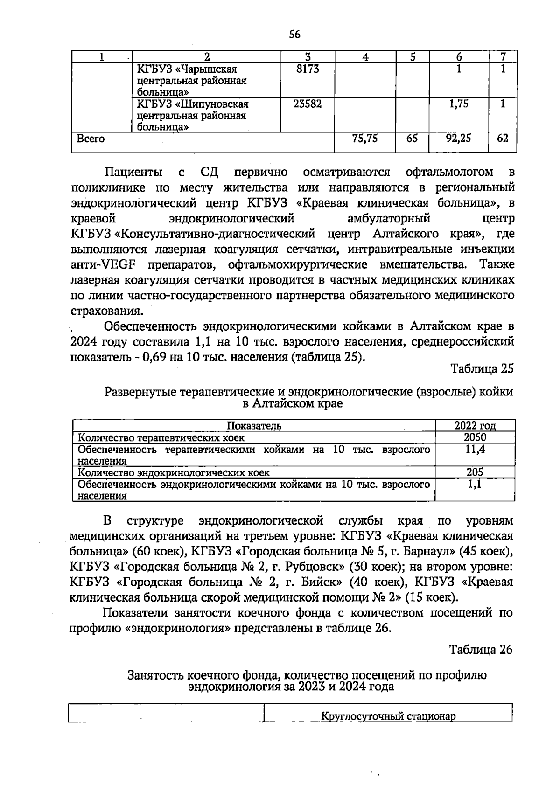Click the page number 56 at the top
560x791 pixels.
(x=294, y=34)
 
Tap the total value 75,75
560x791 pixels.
(x=364, y=139)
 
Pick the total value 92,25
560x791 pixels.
(x=458, y=139)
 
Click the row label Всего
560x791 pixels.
(x=91, y=139)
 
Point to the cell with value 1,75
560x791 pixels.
(x=458, y=104)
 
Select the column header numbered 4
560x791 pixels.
(x=365, y=57)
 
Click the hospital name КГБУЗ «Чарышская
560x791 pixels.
(x=187, y=69)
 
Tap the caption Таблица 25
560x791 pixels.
(x=482, y=369)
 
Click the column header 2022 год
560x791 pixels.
(x=475, y=425)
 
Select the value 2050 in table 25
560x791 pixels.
(x=475, y=437)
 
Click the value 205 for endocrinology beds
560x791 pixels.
(x=475, y=472)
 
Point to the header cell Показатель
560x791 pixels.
(x=254, y=425)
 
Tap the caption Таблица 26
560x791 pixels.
(x=481, y=650)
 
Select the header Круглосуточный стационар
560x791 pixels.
(x=388, y=716)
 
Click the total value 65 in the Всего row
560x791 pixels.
(x=412, y=139)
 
